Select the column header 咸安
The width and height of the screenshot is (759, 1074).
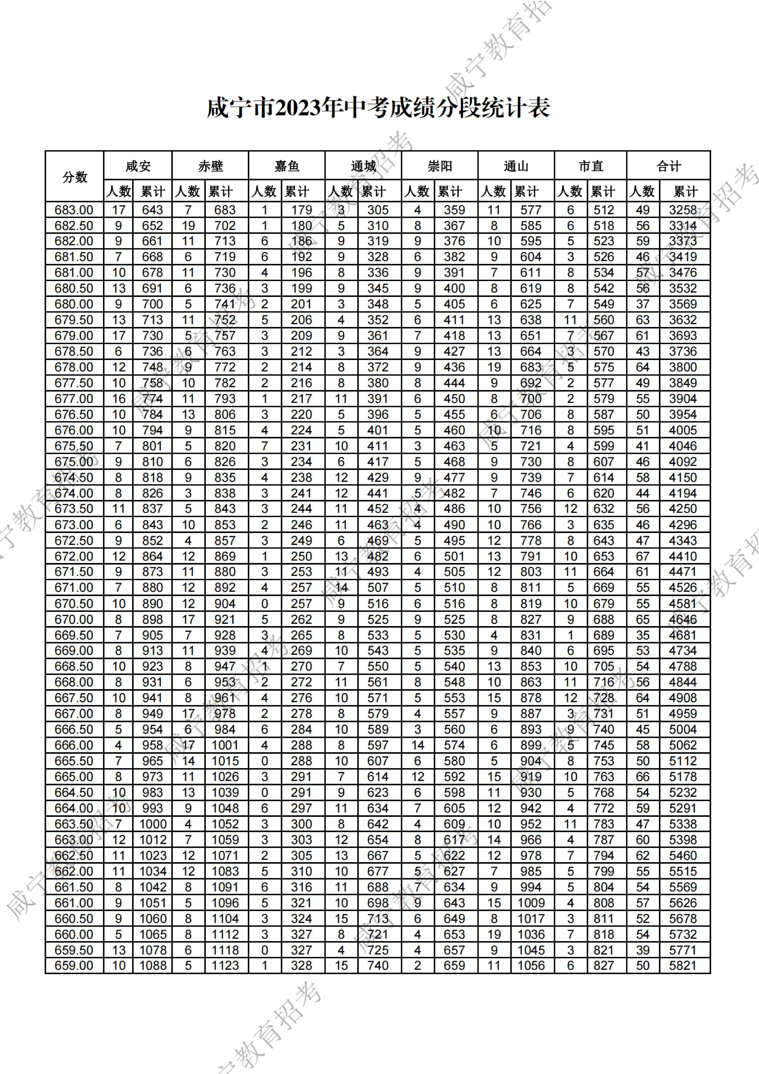tap(138, 166)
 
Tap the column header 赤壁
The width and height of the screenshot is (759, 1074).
tap(210, 166)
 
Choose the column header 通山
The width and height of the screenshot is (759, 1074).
tap(516, 166)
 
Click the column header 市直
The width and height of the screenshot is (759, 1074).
tap(591, 166)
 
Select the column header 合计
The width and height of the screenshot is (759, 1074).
tap(668, 166)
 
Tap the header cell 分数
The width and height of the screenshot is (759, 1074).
tap(75, 177)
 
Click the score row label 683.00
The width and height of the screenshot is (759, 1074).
tap(74, 210)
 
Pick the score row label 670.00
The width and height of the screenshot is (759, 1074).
tap(74, 619)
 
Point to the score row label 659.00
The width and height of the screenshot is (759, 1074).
tap(74, 966)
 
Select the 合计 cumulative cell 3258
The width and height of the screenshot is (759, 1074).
tap(683, 210)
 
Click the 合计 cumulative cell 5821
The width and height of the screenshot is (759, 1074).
tap(683, 966)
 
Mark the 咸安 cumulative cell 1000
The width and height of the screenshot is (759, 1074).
tap(153, 824)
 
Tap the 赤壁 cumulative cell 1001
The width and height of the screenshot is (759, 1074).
tap(225, 745)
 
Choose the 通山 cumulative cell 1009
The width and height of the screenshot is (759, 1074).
tap(531, 903)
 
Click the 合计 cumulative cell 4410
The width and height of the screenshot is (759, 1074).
tap(683, 556)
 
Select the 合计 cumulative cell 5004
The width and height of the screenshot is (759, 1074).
tap(683, 729)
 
